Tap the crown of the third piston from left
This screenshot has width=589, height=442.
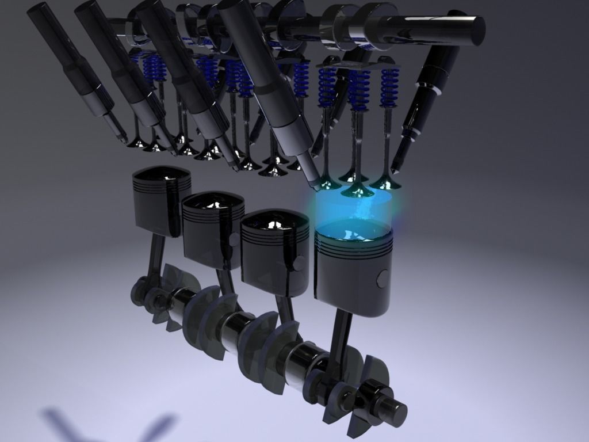point(271,222)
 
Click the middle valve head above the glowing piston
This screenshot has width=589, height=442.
point(357,190)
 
